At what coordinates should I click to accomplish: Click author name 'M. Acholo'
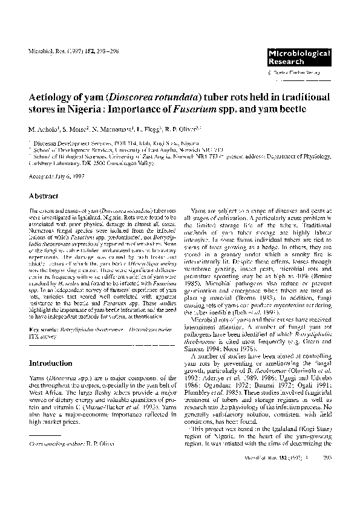[x=45, y=129]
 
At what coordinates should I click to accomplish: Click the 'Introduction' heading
[x=53, y=363]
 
